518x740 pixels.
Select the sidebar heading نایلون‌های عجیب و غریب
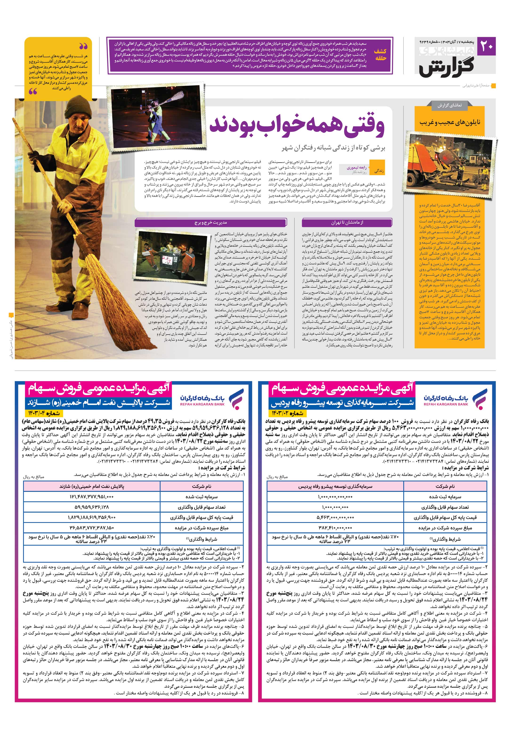pyautogui.click(x=450, y=122)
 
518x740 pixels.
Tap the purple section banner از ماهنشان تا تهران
pyautogui.click(x=347, y=223)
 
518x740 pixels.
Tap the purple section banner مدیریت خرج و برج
pyautogui.click(x=210, y=223)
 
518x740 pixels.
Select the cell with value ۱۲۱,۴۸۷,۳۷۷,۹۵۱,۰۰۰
pyautogui.click(x=92, y=497)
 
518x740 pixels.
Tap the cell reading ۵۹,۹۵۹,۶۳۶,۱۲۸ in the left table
pyautogui.click(x=92, y=507)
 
